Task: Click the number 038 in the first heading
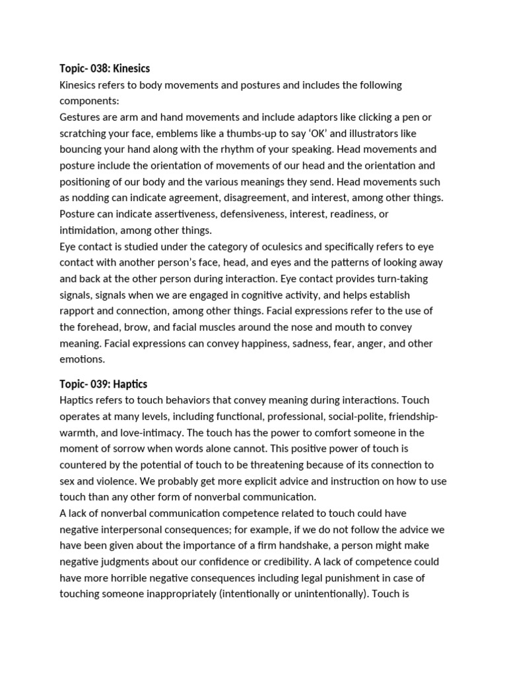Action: [100, 69]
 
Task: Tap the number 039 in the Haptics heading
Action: [100, 384]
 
